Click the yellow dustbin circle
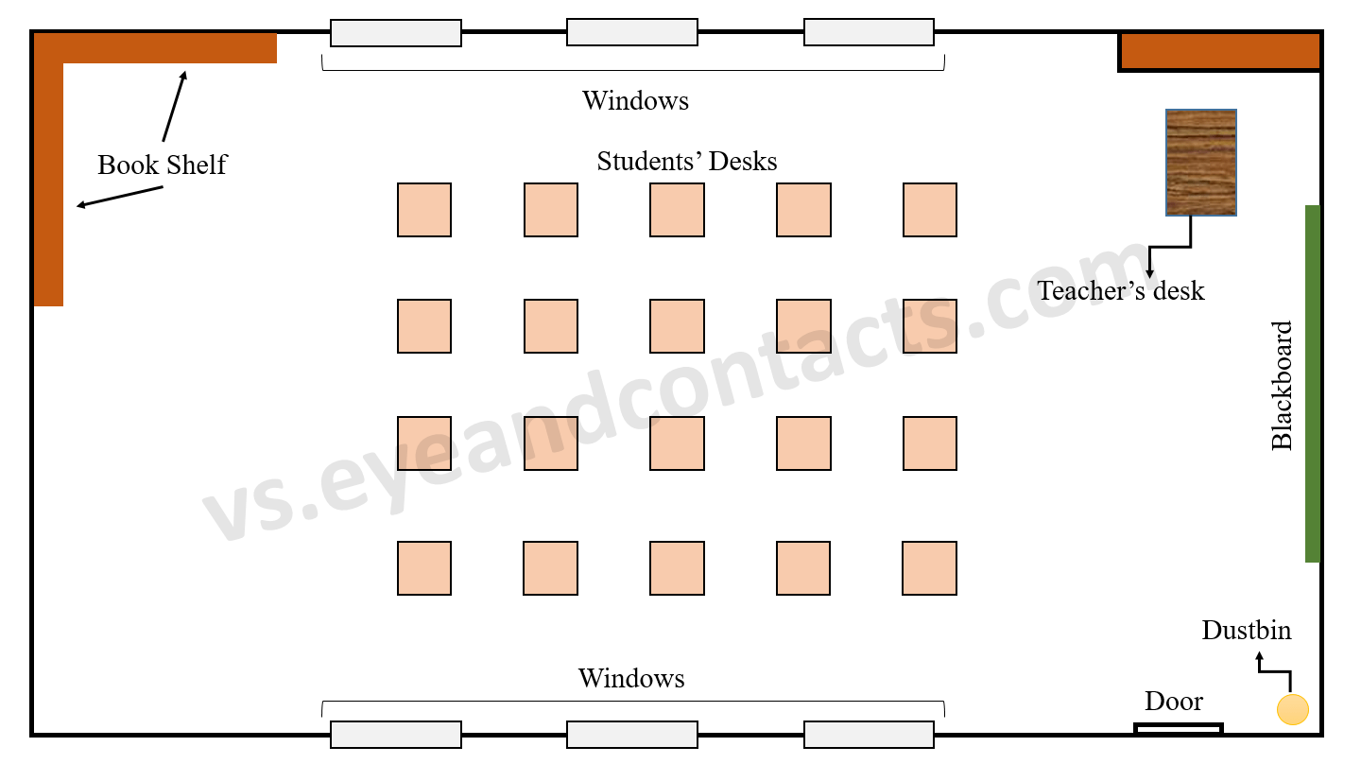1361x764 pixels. (1292, 709)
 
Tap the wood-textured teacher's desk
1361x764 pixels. (1200, 163)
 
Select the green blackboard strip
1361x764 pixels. (1312, 383)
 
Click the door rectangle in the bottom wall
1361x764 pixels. (1178, 728)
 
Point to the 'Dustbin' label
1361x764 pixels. (1246, 631)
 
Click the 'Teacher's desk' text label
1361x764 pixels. (1121, 290)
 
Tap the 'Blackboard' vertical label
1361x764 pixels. (1282, 385)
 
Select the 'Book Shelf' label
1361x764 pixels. (162, 165)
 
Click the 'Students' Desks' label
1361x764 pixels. (686, 162)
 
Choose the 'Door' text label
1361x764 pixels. (1174, 702)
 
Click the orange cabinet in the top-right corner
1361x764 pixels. (1219, 51)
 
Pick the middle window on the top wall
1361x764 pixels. (632, 32)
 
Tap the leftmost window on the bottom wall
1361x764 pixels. (396, 735)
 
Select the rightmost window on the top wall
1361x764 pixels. (869, 32)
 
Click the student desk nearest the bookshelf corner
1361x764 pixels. (424, 210)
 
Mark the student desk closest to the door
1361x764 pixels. (929, 568)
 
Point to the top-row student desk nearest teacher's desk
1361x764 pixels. (929, 210)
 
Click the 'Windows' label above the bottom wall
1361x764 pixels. (631, 678)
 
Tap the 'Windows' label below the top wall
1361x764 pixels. (635, 100)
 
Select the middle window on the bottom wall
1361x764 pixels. (632, 735)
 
